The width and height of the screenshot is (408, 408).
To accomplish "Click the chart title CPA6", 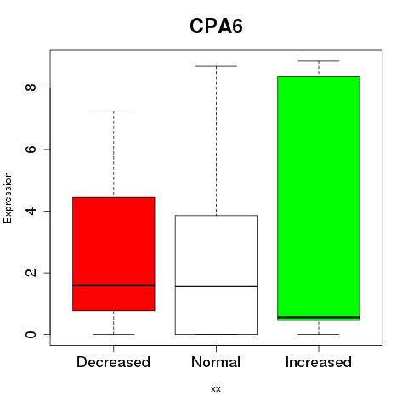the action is (216, 26).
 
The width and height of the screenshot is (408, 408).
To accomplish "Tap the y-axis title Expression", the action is (8, 197).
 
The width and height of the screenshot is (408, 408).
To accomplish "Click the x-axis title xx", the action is (216, 389).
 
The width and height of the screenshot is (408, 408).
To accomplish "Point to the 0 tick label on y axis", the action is (31, 335).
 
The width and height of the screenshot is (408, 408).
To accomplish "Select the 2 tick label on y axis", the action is (31, 273).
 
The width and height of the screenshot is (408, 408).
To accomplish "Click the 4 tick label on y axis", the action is (31, 211).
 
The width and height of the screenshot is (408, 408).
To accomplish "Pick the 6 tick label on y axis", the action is (31, 150).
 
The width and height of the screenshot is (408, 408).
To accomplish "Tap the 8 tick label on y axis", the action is (31, 88).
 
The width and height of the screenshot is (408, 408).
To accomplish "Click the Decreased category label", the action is (113, 362).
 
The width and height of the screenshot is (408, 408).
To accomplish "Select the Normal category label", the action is (216, 362).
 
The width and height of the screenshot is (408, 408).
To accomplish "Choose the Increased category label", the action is (319, 362).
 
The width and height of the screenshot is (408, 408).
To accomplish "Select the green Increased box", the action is (319, 198).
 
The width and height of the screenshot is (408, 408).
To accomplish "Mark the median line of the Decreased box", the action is (114, 286).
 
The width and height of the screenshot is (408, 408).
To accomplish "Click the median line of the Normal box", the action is (216, 286).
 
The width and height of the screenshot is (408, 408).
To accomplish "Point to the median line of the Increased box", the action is (319, 317).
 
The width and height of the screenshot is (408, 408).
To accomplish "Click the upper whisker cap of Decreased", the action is (114, 110).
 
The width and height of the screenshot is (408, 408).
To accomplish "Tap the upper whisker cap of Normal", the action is (216, 66).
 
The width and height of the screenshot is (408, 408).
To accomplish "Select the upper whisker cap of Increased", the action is (319, 61).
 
